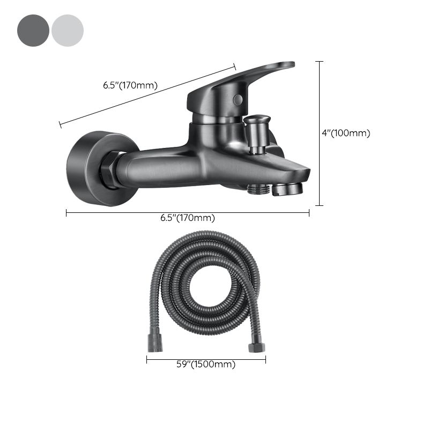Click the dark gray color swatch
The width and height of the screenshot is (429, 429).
tap(33, 31)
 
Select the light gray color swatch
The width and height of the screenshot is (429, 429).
tap(68, 31)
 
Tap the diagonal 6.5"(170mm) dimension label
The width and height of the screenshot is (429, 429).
tap(130, 85)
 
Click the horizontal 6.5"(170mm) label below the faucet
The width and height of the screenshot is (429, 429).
tap(188, 218)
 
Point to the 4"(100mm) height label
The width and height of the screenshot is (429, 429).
tap(346, 133)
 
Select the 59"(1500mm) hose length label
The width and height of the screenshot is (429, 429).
tap(206, 365)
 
